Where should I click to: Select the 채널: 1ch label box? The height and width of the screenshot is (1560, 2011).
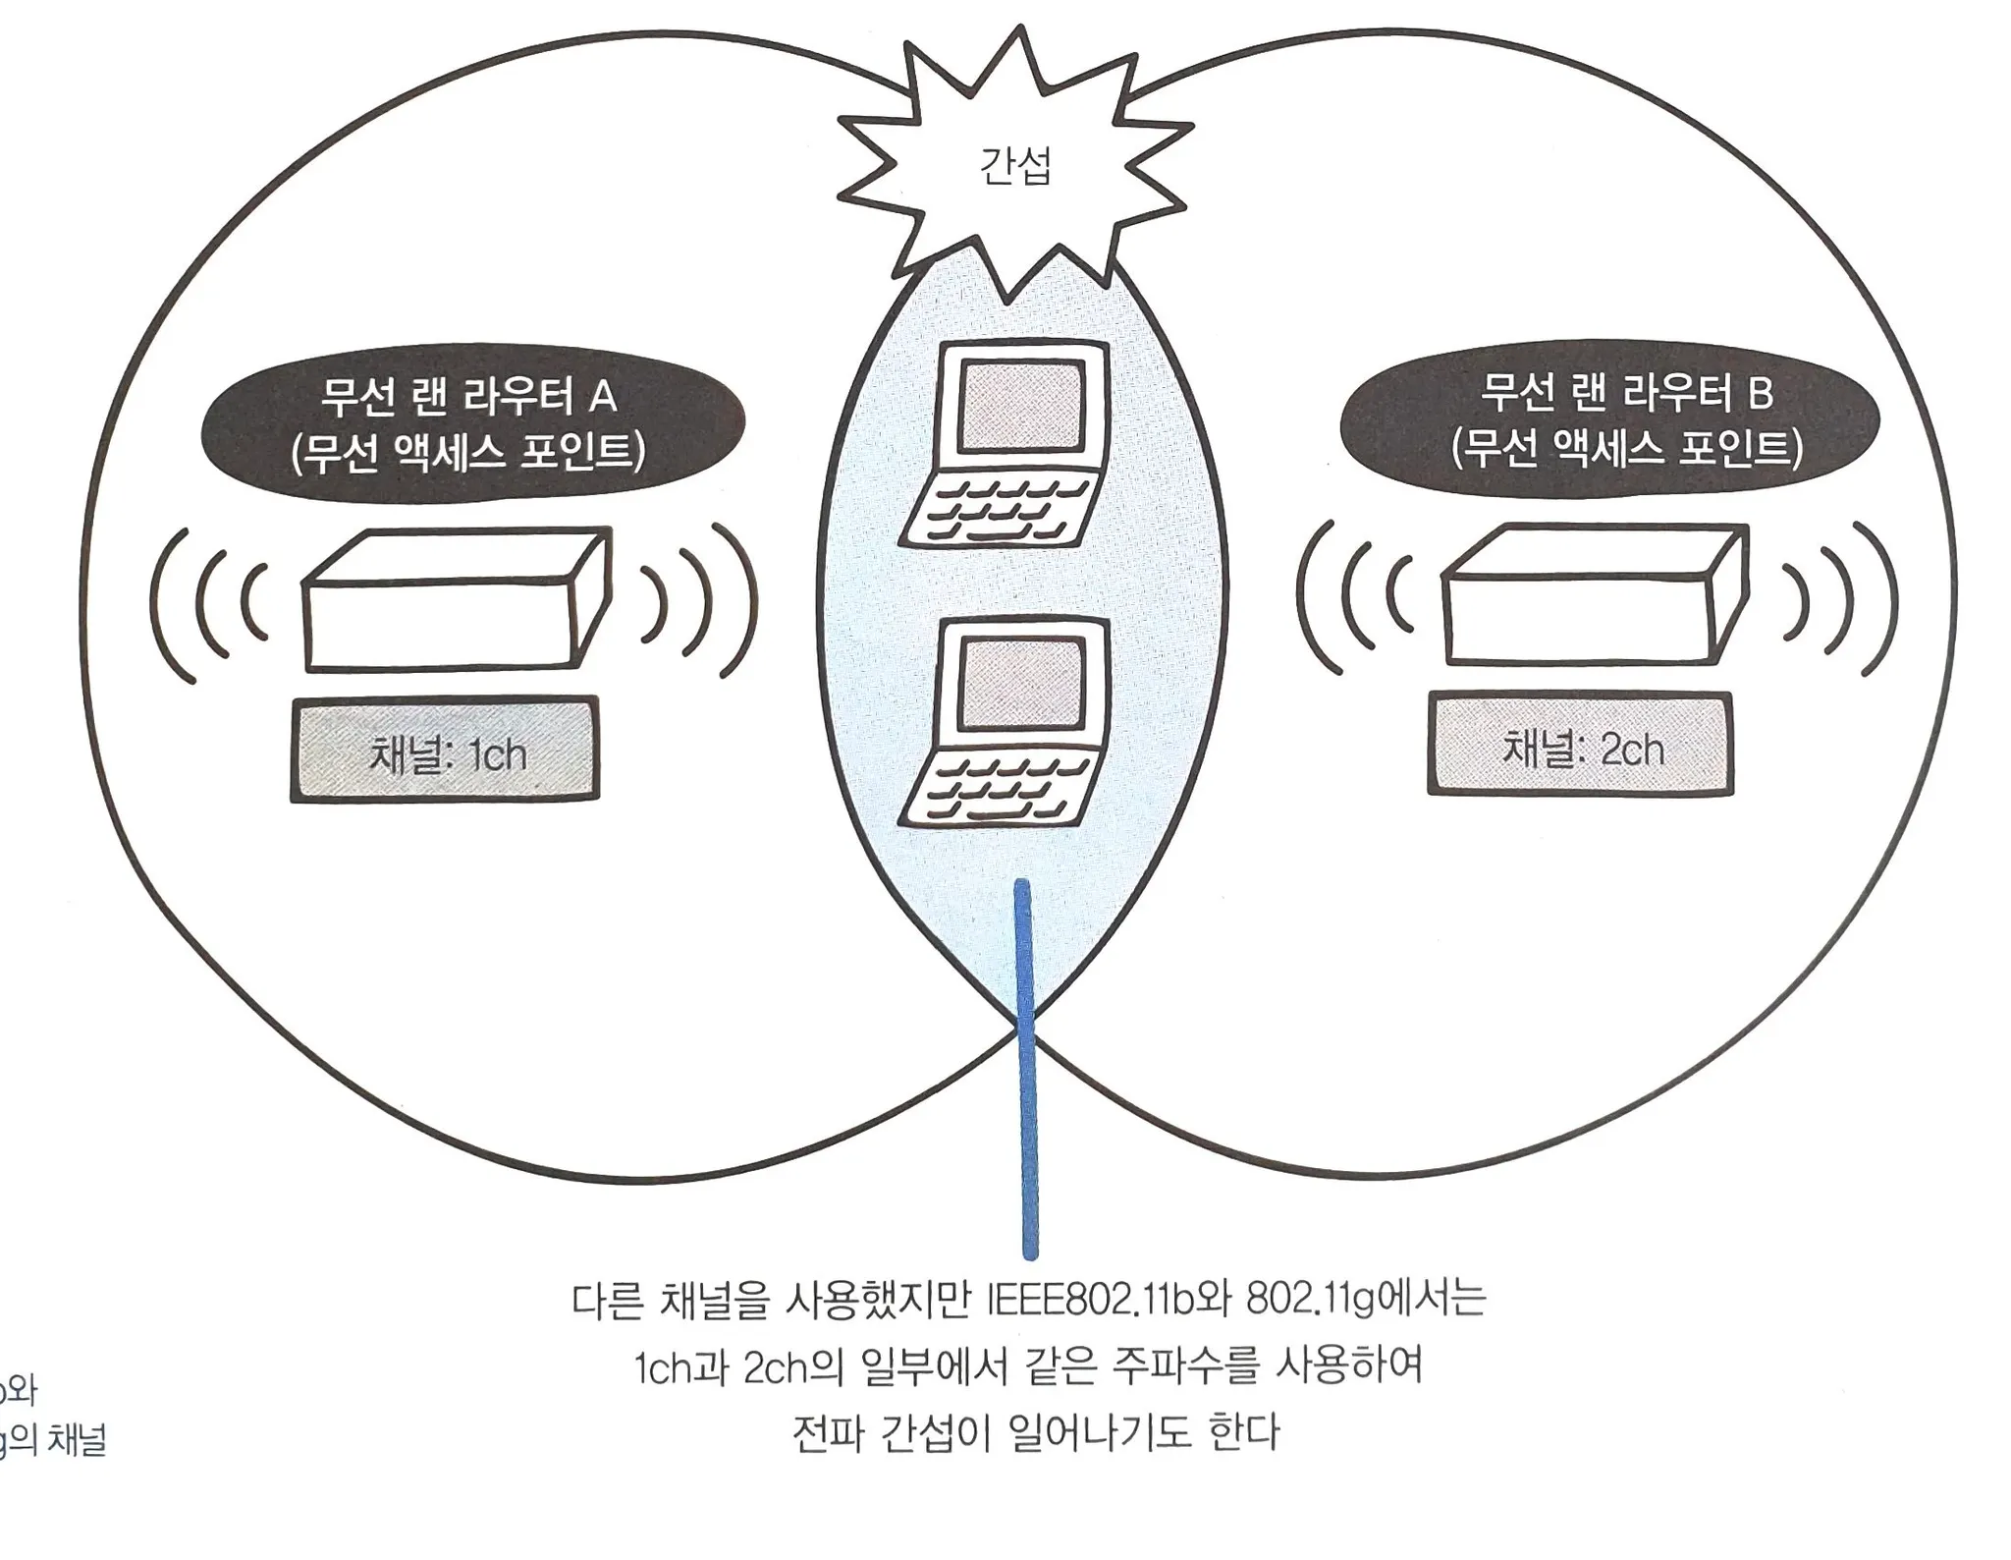[x=445, y=751]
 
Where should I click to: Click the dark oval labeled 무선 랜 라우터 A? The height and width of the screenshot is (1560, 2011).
[x=472, y=423]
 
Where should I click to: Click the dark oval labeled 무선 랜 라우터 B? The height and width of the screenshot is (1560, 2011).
[x=1609, y=419]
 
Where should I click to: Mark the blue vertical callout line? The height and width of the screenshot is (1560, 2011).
[x=1026, y=1071]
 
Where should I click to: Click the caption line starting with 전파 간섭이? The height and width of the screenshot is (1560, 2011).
[x=1035, y=1432]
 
